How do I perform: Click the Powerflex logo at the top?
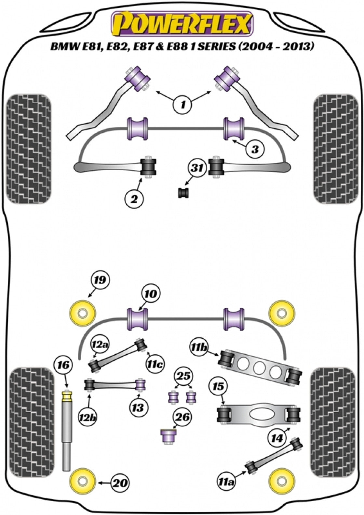coord(182,23)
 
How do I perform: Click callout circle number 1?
coord(183,105)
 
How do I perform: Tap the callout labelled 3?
coord(255,149)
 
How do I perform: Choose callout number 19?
coord(100,280)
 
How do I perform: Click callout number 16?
coord(63,365)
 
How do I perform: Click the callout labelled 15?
coord(219,387)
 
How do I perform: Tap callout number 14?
coord(277,438)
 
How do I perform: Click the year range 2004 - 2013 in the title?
coord(276,47)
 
